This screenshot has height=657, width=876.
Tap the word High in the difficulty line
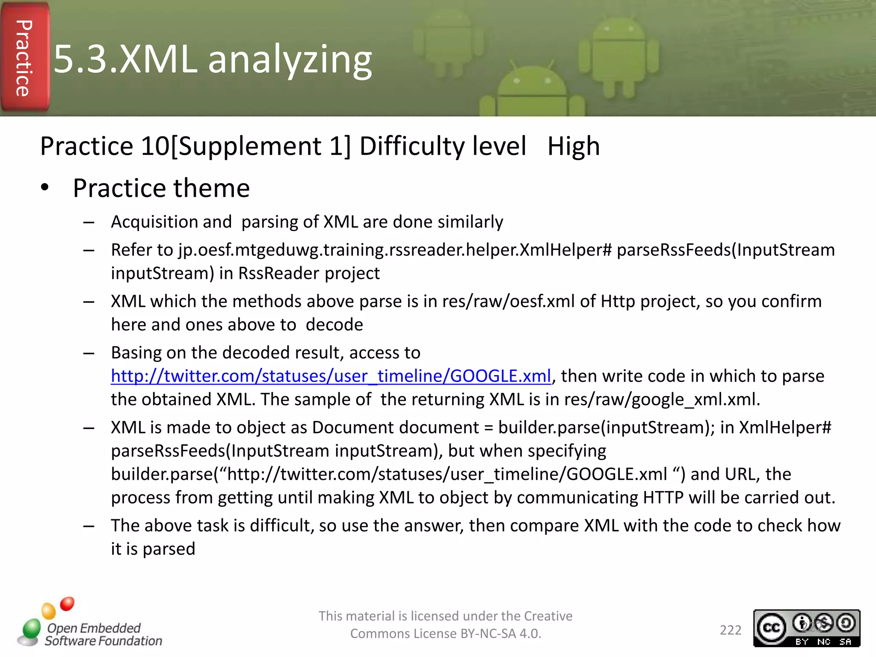[x=573, y=146]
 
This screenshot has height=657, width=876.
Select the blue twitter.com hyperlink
[x=331, y=376]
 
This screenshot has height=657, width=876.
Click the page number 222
[x=730, y=630]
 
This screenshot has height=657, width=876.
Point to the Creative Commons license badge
[x=806, y=628]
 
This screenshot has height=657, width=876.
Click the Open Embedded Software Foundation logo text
[x=103, y=634]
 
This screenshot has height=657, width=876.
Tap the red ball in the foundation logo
[x=67, y=604]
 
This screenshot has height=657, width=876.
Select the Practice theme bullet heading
[x=161, y=188]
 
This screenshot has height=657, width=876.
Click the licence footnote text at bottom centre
[x=445, y=624]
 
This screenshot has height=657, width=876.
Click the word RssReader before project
[x=278, y=273]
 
